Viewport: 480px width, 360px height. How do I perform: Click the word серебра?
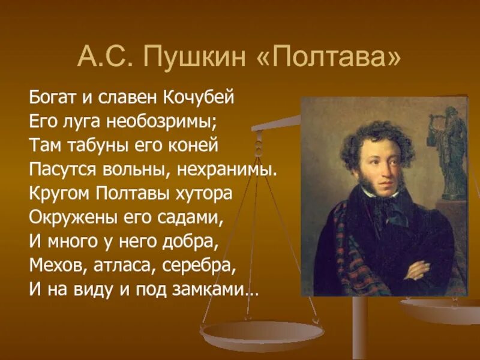tap(197, 264)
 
